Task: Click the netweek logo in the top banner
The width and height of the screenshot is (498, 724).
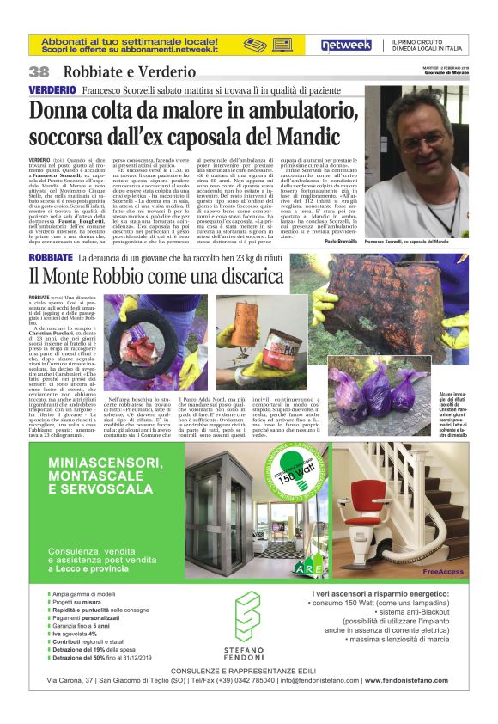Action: coord(346,46)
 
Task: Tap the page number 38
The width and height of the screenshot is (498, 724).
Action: coord(39,72)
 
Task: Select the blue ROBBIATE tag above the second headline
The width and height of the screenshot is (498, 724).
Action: coord(51,257)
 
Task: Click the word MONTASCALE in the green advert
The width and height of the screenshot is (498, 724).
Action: coord(94,488)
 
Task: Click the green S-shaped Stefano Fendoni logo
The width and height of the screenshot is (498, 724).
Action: coord(246,616)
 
